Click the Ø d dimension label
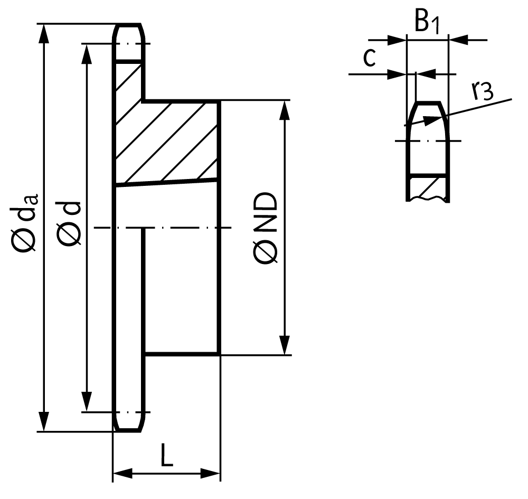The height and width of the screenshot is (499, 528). point(69,223)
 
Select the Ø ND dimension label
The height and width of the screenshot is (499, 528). point(266,228)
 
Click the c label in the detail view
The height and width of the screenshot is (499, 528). point(370,58)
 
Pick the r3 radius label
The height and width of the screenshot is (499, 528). point(483,91)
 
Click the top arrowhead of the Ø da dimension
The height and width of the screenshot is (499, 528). point(44,34)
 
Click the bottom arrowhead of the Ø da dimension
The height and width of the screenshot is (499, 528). point(44,421)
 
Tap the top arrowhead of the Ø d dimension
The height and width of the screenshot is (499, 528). point(87,53)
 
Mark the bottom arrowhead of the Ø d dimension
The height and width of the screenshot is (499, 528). point(87,402)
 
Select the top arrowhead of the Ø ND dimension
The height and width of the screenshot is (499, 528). point(285,110)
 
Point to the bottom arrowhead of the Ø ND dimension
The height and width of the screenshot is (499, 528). point(285,345)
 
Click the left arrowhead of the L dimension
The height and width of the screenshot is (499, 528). point(122,473)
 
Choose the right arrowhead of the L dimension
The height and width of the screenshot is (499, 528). point(211,473)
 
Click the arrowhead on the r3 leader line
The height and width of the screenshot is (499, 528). point(432,120)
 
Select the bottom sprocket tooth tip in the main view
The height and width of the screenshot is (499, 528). point(128,431)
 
